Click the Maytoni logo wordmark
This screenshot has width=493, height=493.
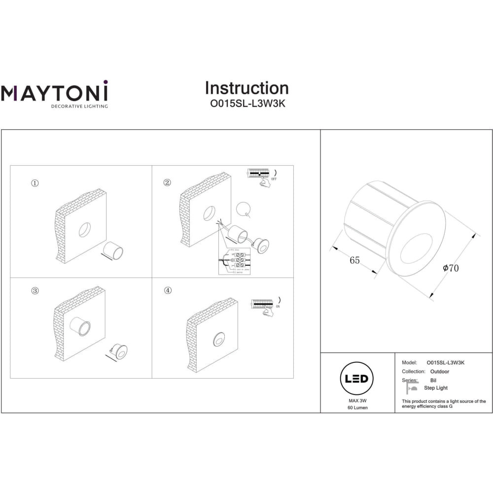[54, 93]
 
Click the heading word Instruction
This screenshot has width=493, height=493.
[246, 88]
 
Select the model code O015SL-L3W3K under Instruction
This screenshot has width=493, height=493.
[246, 105]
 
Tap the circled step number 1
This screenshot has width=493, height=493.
[35, 183]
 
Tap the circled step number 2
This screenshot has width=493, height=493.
[167, 183]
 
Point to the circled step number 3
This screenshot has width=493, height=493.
[35, 291]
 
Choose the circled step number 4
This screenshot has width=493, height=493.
[168, 291]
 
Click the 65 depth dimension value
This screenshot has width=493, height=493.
[354, 261]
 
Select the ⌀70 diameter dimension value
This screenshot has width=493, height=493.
[451, 269]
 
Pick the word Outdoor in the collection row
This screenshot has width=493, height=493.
[439, 371]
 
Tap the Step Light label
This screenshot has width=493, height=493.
[435, 388]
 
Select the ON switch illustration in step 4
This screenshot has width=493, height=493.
[264, 306]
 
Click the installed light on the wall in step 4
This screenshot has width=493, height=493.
[217, 339]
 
